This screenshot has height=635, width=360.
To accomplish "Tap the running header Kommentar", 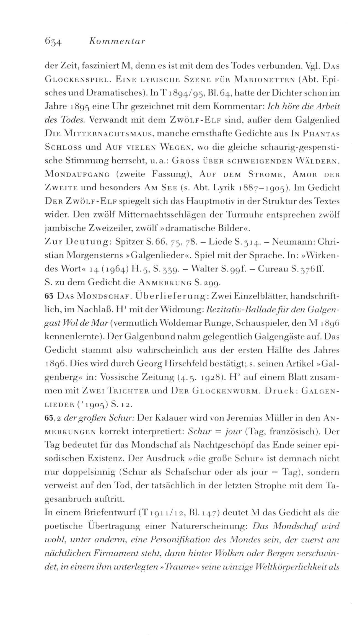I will click(x=118, y=41).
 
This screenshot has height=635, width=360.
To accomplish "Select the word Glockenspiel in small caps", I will click(x=75, y=81).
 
